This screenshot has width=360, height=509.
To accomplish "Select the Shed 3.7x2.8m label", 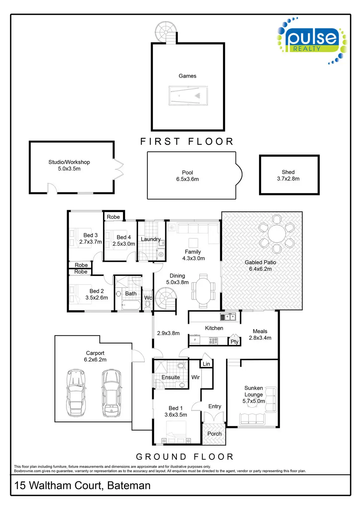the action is point(288,175).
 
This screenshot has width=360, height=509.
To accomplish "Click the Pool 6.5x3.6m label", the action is point(187,176).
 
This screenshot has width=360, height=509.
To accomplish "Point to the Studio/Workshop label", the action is point(69,165).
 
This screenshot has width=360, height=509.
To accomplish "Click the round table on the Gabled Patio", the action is point(277,233).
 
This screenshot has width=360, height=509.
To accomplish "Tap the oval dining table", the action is point(204,291).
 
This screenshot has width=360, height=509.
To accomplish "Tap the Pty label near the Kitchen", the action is point(234,342).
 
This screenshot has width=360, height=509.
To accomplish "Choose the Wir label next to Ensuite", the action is point(195,377).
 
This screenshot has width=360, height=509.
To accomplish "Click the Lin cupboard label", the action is point(206,364).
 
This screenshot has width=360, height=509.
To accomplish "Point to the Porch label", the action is point(214,434).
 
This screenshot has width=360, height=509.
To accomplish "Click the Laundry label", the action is point(150,239).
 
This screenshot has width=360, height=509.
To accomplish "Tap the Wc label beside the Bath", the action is point(148,298).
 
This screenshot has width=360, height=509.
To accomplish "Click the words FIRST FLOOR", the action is point(187,142).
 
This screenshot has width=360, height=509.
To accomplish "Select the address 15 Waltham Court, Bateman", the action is point(82,485).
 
